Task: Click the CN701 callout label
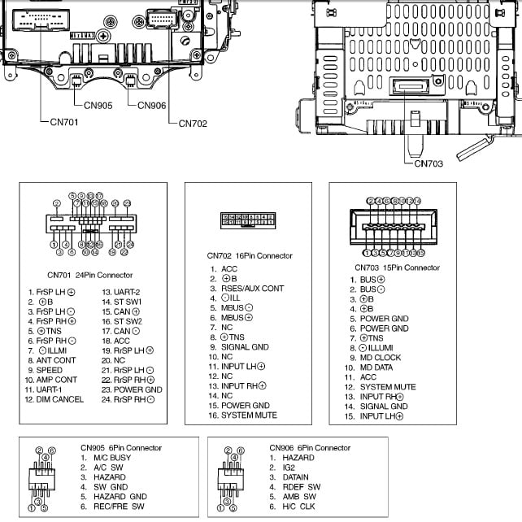(54, 124)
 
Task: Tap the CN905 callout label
(98, 105)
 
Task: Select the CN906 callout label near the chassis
(152, 105)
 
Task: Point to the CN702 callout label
(193, 124)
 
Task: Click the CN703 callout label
(428, 163)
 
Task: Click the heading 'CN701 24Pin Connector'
(89, 276)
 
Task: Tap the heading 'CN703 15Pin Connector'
(397, 268)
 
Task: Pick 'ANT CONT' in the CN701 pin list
(56, 360)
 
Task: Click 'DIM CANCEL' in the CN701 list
(60, 399)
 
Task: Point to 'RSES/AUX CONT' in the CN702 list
(253, 289)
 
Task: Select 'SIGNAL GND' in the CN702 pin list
(245, 347)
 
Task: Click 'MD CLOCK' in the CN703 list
(381, 358)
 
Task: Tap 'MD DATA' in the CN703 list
(377, 368)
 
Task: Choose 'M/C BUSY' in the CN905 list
(111, 458)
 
